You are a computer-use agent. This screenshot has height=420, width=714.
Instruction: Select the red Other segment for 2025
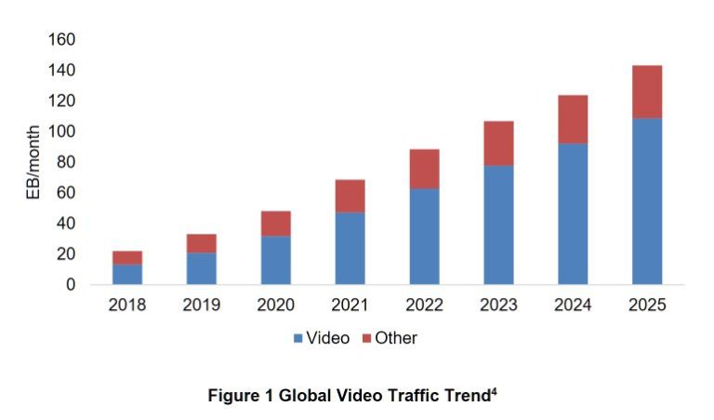tap(647, 91)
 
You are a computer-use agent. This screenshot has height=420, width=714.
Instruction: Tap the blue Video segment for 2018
tap(127, 274)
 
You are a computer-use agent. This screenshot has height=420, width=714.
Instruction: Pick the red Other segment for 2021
tap(350, 196)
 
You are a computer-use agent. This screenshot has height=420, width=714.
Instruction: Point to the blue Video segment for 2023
tap(498, 224)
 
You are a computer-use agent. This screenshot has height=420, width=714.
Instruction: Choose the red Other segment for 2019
tap(202, 243)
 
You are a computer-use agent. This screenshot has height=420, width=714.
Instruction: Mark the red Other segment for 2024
tap(573, 118)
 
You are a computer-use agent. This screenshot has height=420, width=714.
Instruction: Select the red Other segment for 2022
tap(424, 169)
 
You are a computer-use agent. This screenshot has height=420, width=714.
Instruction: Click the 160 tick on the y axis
tap(62, 40)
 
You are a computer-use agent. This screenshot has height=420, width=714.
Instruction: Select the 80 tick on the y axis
tap(67, 162)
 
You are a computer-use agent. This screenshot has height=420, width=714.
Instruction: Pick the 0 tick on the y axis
tap(71, 284)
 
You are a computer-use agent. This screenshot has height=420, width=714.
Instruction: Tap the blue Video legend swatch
tap(297, 339)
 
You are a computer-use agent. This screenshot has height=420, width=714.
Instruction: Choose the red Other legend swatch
tap(364, 339)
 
